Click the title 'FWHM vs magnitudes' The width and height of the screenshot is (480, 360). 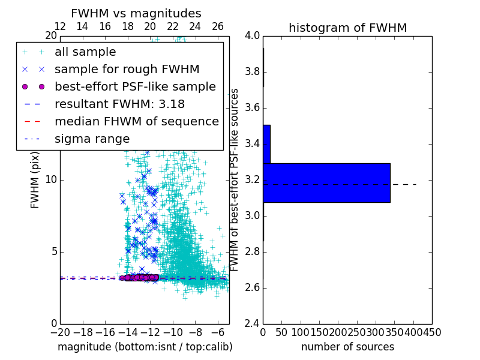136,13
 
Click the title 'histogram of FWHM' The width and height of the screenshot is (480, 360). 347,28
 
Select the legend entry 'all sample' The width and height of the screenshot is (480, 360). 85,52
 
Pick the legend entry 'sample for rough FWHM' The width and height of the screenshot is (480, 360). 127,70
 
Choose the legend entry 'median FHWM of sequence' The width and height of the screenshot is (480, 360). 136,122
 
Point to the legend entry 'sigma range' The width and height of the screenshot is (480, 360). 92,139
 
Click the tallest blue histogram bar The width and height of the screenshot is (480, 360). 326,183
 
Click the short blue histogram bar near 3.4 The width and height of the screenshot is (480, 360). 266,144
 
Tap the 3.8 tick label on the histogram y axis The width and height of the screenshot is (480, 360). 251,72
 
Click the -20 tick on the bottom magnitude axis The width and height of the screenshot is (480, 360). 60,333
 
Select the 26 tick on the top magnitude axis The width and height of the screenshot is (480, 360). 218,26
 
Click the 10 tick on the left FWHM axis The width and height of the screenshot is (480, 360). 50,180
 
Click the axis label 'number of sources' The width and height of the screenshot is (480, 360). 347,347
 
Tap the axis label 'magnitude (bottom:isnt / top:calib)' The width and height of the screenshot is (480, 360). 145,347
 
